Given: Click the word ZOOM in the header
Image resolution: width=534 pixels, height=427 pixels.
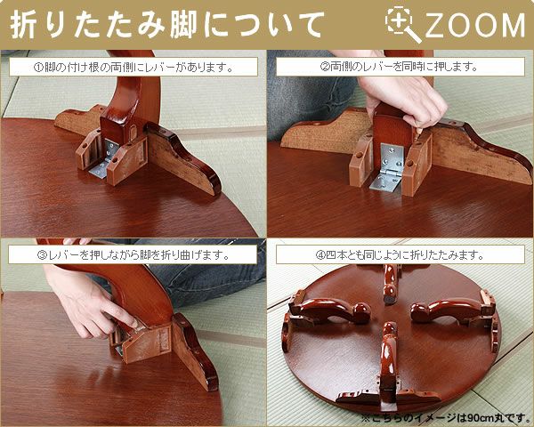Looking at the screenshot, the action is (x=475, y=25).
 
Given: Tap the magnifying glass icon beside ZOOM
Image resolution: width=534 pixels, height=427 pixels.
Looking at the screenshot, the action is (x=402, y=24).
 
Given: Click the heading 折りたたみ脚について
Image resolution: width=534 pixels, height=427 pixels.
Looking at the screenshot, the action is (x=167, y=25).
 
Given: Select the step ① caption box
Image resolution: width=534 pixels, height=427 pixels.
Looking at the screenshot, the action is (x=133, y=67).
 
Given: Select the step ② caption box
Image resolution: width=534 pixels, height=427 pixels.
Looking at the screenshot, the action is (x=400, y=67).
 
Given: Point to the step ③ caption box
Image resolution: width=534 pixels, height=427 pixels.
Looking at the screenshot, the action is (x=133, y=254).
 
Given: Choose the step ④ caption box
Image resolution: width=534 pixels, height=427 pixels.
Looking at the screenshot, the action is (x=400, y=254).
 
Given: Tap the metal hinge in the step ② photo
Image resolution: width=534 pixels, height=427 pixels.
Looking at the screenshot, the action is (x=388, y=167).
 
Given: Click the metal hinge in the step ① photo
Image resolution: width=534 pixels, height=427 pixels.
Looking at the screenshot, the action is (x=104, y=159).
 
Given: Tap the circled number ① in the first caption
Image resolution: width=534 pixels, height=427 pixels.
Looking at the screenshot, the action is (x=38, y=68).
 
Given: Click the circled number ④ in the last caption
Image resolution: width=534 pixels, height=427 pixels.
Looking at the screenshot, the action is (x=320, y=255).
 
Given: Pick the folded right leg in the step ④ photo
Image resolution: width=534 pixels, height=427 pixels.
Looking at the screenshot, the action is (x=453, y=308).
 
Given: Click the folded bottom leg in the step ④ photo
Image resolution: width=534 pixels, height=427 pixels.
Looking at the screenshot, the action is (x=388, y=366).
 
